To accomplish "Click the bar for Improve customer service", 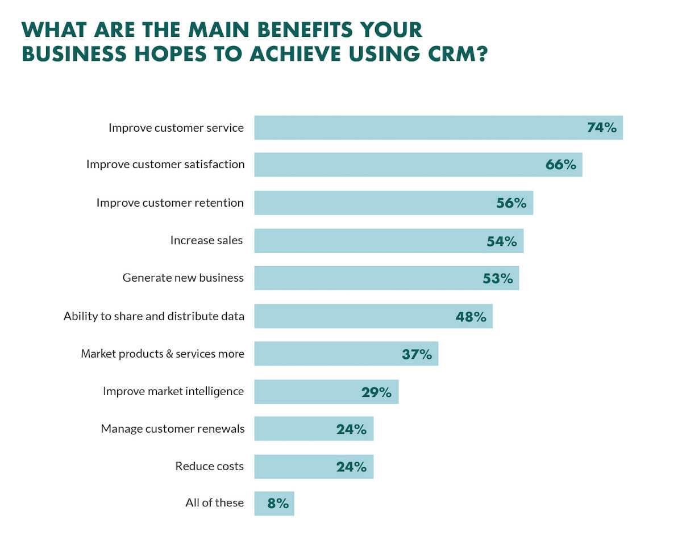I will (421, 128).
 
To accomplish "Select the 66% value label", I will (560, 165).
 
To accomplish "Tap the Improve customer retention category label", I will (170, 203).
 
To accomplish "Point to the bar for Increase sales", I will (369, 241).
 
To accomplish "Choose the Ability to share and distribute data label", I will (154, 316).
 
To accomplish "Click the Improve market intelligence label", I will (173, 391).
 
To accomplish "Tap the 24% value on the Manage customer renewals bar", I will (351, 429).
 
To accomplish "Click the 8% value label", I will (278, 504).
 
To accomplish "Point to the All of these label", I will (214, 503).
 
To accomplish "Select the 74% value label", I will (601, 128).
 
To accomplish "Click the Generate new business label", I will (183, 278).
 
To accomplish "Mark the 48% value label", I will (471, 316).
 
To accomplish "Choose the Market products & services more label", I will (163, 354).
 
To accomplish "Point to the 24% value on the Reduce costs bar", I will (351, 467).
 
